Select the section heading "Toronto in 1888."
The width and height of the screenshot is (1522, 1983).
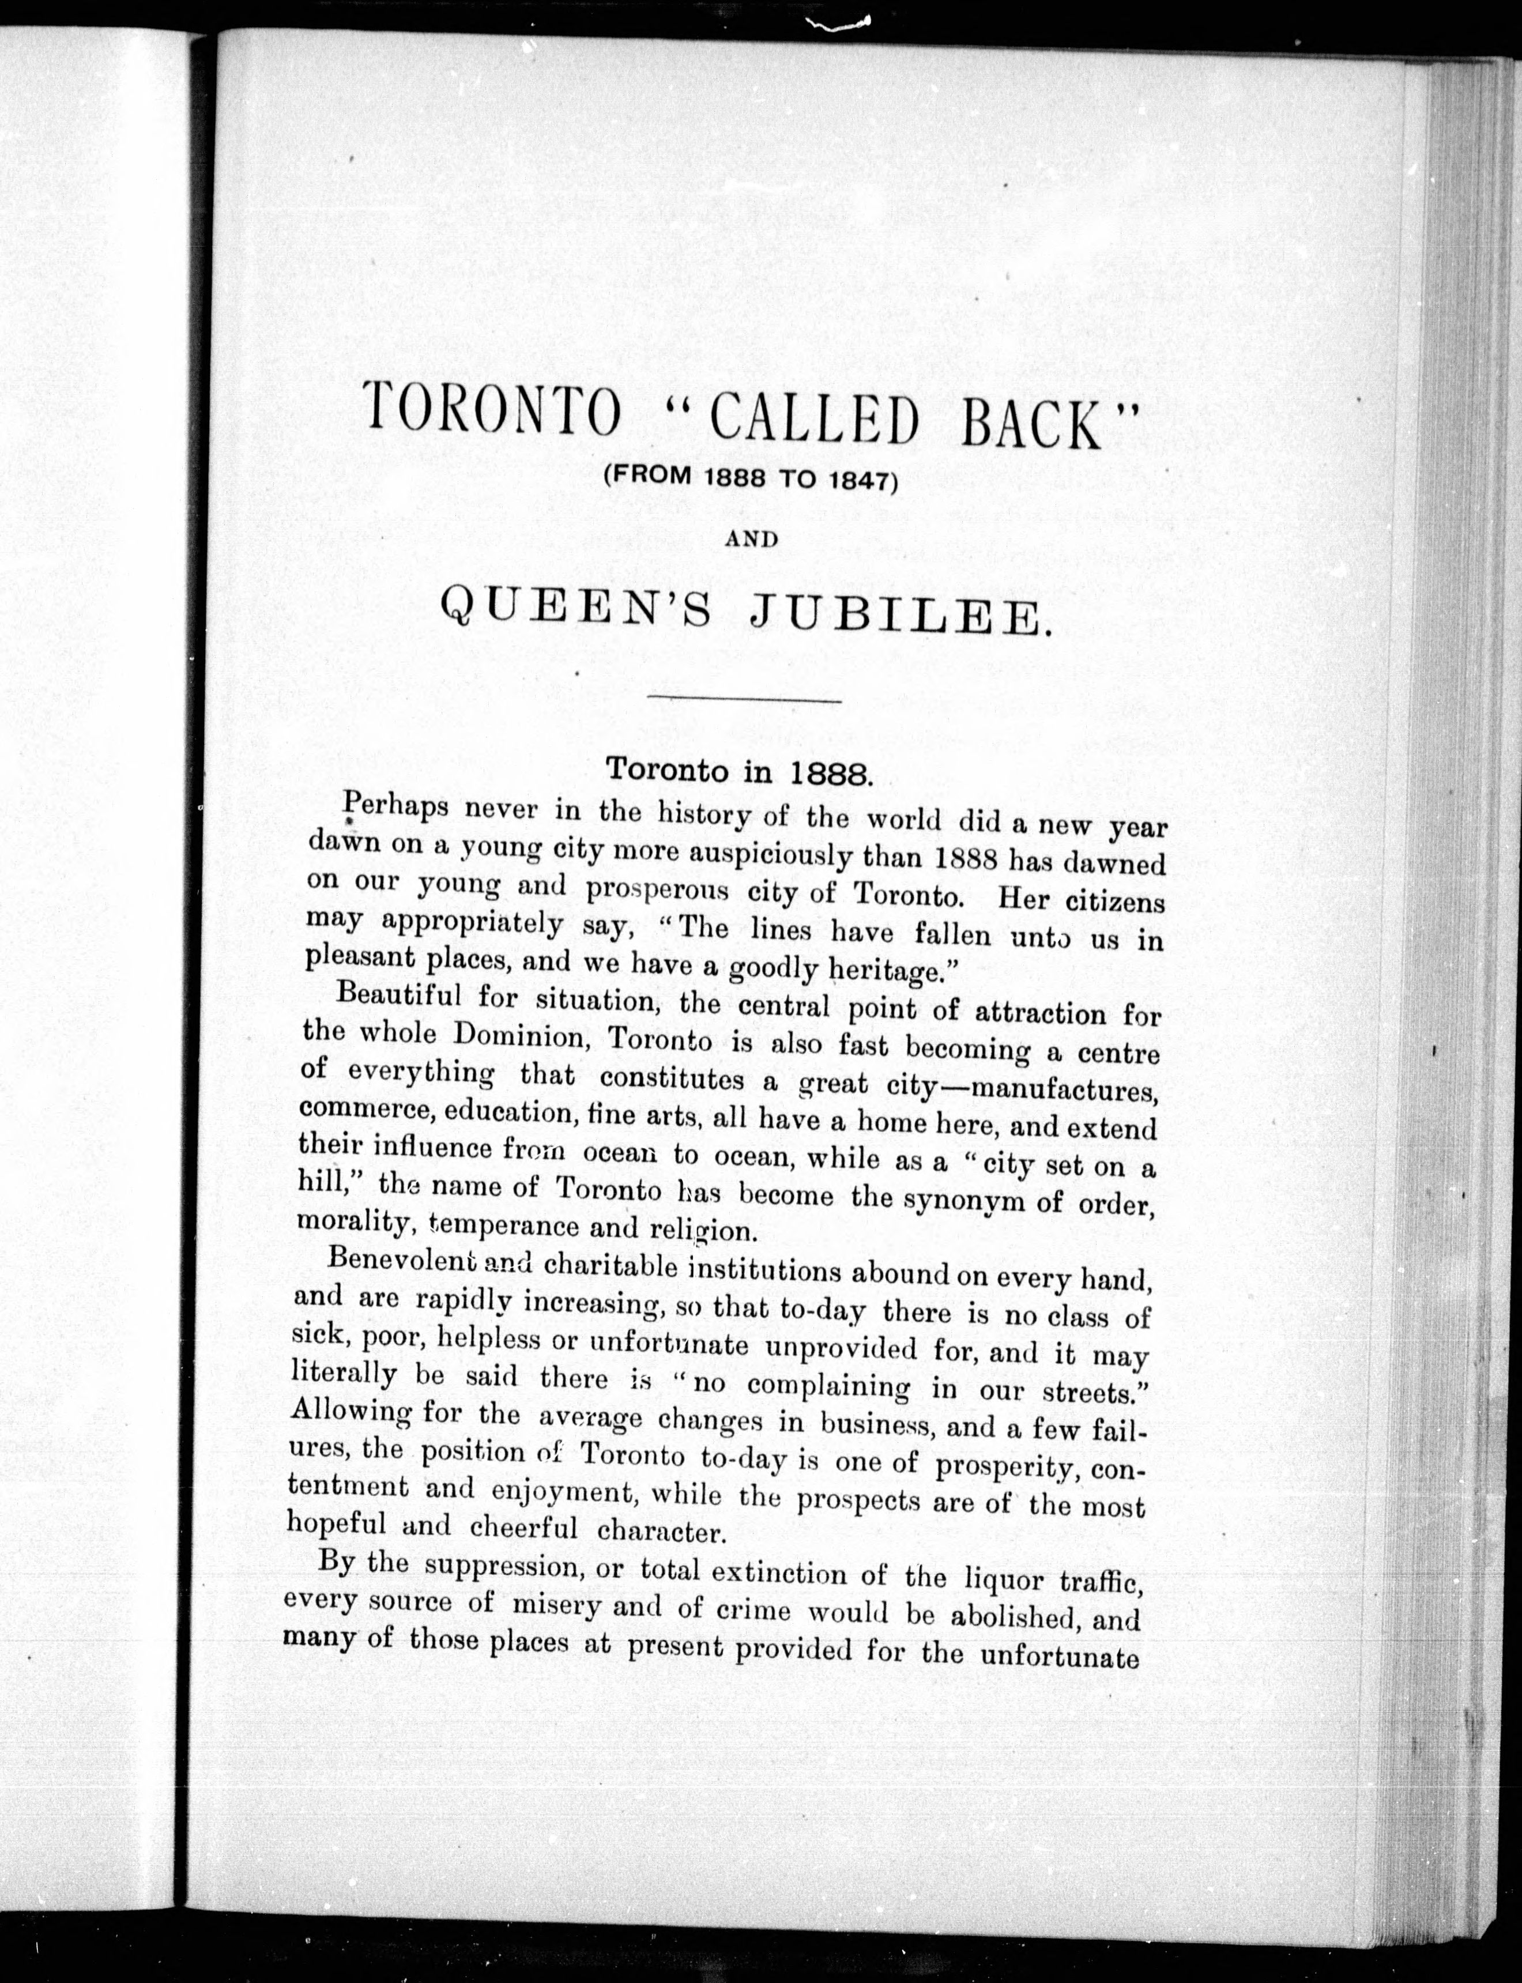[x=739, y=770]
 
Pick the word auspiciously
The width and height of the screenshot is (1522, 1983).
[x=741, y=854]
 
